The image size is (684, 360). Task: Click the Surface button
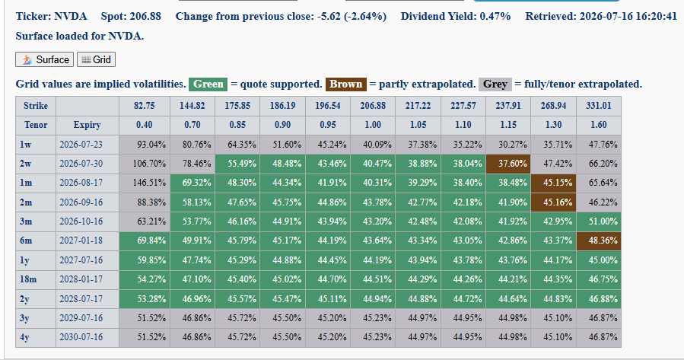[x=44, y=59]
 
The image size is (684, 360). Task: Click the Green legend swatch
[x=208, y=84]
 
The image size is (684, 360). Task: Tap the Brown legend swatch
[x=346, y=84]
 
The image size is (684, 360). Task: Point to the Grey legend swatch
[x=495, y=84]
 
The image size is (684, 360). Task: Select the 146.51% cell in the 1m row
[x=145, y=183]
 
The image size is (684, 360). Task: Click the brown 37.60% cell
[x=508, y=164]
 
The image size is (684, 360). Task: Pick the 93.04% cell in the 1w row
[x=145, y=145]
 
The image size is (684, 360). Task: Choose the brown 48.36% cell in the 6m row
[x=599, y=241]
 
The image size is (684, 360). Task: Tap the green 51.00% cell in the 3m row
[x=599, y=221]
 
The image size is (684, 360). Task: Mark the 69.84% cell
[x=145, y=241]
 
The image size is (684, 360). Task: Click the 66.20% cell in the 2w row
[x=599, y=164]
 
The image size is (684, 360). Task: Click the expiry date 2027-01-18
[x=81, y=241]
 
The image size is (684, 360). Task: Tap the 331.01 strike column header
[x=599, y=106]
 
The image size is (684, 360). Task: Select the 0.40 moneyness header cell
[x=145, y=126]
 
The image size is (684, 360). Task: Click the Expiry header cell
[x=87, y=126]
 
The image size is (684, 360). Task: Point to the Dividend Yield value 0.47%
[x=495, y=17]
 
